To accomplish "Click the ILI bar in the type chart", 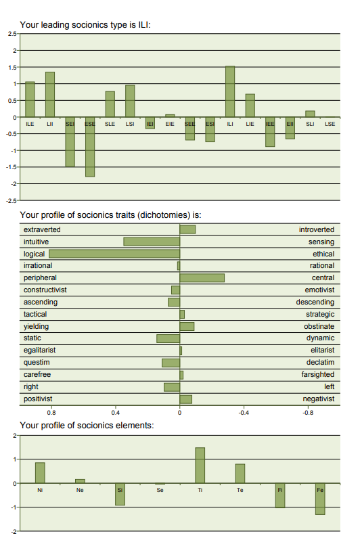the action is click(230, 91).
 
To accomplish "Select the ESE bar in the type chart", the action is click(90, 147).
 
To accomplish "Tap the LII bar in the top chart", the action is click(50, 94).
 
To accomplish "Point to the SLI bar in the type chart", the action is click(310, 114).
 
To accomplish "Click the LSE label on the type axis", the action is click(330, 124).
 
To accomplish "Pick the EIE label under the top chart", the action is click(170, 124).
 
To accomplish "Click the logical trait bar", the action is click(114, 254).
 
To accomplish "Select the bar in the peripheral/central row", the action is click(202, 277).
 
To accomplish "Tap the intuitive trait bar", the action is click(152, 242).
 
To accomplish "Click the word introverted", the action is click(316, 229).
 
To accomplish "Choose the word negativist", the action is click(318, 399).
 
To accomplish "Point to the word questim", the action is click(37, 363).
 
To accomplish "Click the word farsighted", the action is click(317, 375).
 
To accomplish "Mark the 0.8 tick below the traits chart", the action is click(51, 413).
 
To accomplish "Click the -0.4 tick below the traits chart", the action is click(244, 413).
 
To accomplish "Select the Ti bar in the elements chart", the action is click(200, 466).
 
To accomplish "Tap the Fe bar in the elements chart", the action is click(320, 499).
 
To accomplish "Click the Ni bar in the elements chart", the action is click(40, 473).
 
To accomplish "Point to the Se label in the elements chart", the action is click(160, 490).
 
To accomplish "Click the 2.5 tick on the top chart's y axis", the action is click(12, 34).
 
